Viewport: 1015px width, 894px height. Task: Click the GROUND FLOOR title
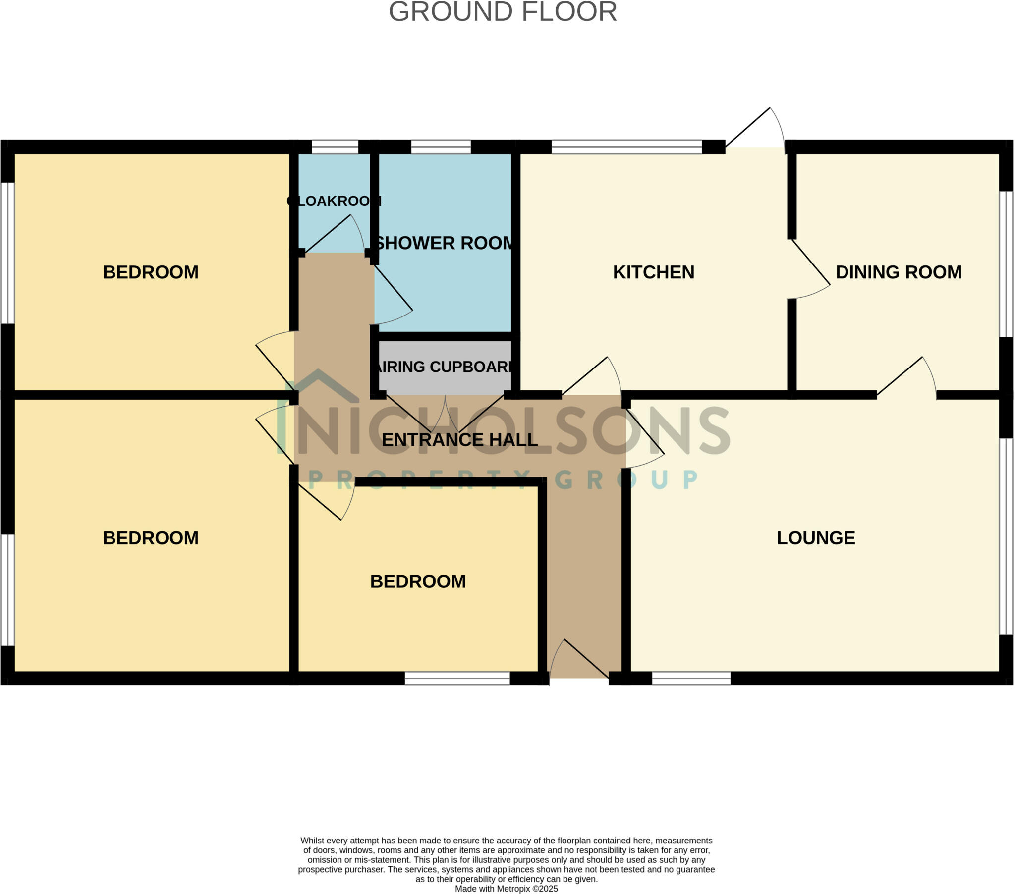[503, 12]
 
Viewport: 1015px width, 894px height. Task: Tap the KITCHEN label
[653, 272]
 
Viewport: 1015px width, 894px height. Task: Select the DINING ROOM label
[899, 272]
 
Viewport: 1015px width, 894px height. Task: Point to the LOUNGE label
[815, 537]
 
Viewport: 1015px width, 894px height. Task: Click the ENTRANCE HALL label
[459, 439]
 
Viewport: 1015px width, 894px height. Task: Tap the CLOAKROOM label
[334, 201]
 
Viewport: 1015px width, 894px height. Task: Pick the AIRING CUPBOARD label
[444, 367]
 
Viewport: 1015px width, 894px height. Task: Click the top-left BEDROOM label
[151, 272]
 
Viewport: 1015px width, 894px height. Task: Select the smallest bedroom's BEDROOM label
[418, 581]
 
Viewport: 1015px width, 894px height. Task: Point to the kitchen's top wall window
[626, 147]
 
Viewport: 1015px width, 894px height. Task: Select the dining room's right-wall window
[1006, 263]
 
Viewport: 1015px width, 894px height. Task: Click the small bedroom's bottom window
[457, 678]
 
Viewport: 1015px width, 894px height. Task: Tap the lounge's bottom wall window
[691, 678]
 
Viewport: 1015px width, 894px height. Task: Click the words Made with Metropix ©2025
[506, 888]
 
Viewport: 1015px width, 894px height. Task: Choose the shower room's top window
[441, 147]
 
